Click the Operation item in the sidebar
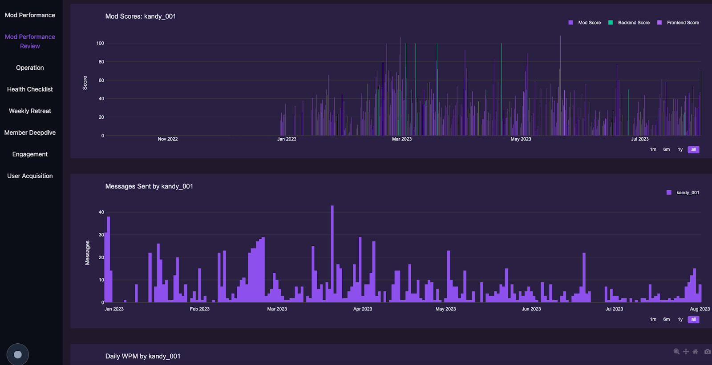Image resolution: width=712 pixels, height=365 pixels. point(30,68)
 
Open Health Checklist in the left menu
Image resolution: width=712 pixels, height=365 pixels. point(30,89)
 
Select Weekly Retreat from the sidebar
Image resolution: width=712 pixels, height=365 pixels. point(30,111)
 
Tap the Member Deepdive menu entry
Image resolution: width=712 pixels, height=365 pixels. point(30,132)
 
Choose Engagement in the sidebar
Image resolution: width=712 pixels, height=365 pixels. point(30,154)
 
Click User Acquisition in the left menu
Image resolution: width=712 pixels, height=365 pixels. point(30,176)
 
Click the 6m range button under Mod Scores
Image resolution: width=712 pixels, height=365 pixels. point(666,149)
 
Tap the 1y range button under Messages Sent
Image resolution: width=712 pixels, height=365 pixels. point(680,319)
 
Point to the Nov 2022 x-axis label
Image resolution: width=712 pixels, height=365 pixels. point(168,139)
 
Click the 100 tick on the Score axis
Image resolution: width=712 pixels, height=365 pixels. point(100,43)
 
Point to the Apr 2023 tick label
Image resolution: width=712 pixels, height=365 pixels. point(363,309)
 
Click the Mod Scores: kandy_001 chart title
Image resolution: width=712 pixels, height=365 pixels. point(141,16)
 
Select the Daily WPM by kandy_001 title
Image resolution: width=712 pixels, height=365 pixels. point(143,356)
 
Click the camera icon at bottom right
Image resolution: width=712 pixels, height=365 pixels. point(707,352)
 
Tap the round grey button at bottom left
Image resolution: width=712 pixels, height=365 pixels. point(18,354)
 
